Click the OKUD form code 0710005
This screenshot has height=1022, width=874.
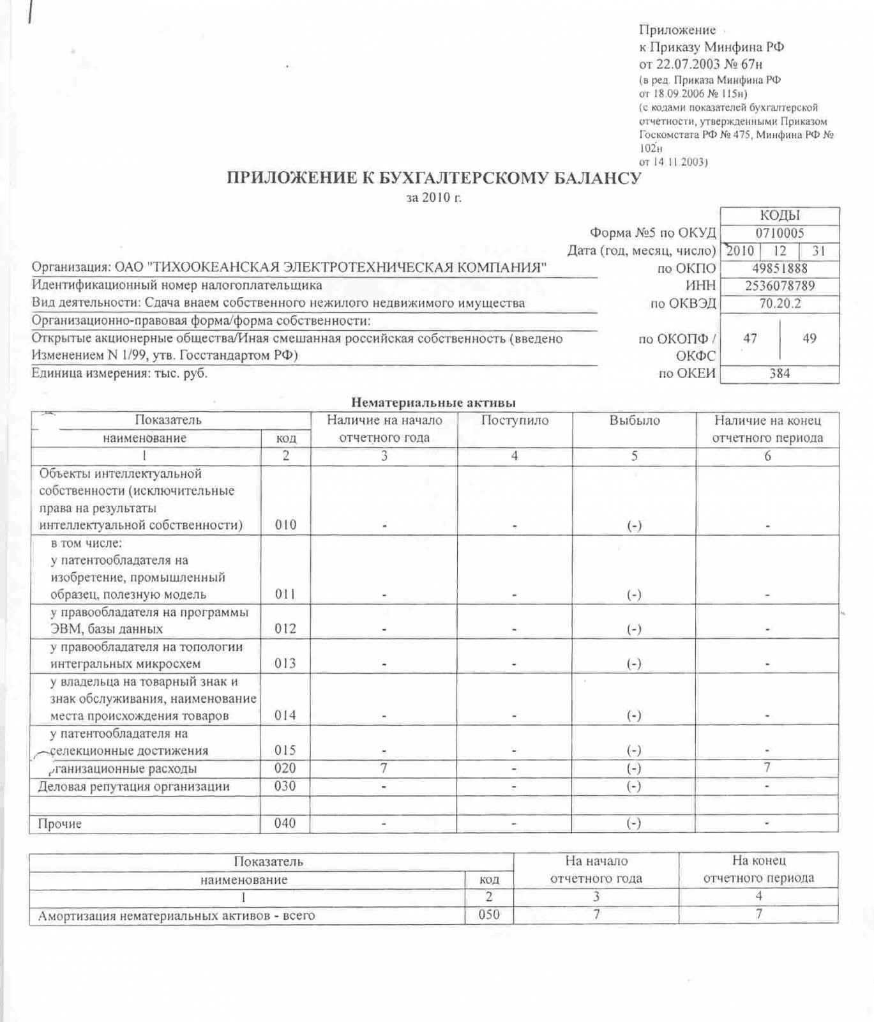click(780, 233)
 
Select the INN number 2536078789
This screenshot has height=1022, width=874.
click(780, 286)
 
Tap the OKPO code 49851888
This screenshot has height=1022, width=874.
click(780, 268)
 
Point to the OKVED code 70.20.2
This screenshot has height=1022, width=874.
click(780, 303)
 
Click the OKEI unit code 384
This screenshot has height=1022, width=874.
click(780, 373)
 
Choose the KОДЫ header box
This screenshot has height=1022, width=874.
click(780, 215)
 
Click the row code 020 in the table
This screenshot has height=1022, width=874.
click(285, 768)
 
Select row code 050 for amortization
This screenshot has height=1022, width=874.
click(489, 915)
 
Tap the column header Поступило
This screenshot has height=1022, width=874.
click(515, 420)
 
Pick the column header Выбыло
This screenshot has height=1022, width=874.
click(634, 420)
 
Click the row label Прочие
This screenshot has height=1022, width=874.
click(60, 823)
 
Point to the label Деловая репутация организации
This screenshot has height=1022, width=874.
click(133, 786)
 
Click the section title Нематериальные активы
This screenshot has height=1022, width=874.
click(433, 402)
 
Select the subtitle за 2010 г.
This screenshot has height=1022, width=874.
click(433, 197)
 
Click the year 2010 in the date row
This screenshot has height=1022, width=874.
click(741, 251)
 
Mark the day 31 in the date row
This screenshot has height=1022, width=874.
click(819, 251)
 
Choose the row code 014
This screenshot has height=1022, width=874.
click(285, 715)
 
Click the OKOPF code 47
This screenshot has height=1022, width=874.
click(750, 338)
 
